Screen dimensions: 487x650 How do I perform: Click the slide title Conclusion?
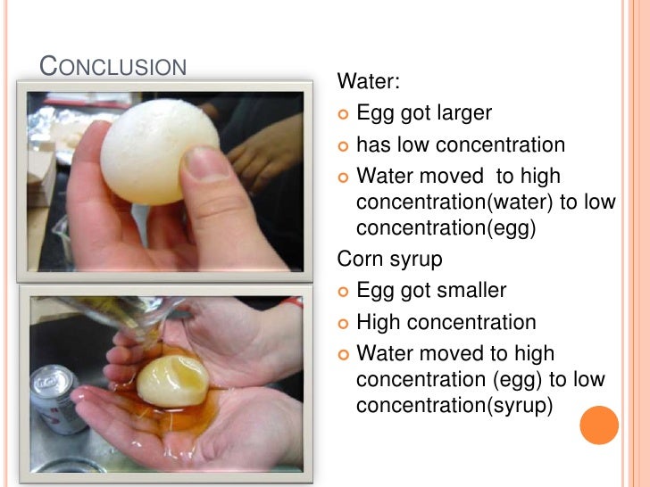112,67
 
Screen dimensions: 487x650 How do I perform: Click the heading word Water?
368,83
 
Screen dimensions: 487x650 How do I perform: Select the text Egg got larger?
423,113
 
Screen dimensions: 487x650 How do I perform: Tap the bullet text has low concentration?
460,144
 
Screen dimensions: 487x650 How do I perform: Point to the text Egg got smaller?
430,291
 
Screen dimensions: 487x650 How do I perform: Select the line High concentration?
446,322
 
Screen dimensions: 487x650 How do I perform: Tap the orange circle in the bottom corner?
599,425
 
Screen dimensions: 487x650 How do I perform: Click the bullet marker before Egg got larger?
344,114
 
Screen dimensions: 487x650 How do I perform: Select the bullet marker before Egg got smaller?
344,292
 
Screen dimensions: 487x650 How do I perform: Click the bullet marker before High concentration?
344,323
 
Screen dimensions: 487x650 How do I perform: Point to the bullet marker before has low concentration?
344,145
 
